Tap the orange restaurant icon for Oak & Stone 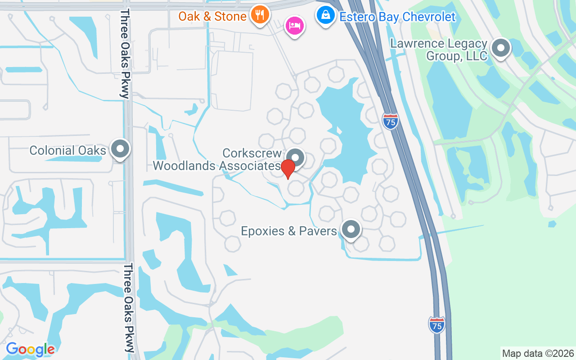pyautogui.click(x=260, y=14)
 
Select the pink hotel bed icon pyautogui.click(x=295, y=25)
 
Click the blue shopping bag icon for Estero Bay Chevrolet pyautogui.click(x=325, y=15)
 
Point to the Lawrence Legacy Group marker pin pyautogui.click(x=500, y=48)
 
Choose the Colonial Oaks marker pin pyautogui.click(x=120, y=149)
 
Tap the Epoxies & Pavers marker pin pyautogui.click(x=351, y=229)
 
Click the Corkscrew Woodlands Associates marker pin pyautogui.click(x=296, y=157)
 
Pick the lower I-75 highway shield pyautogui.click(x=436, y=325)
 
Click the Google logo pyautogui.click(x=30, y=349)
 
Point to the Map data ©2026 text pyautogui.click(x=538, y=353)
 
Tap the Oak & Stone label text pyautogui.click(x=212, y=17)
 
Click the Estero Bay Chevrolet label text pyautogui.click(x=398, y=17)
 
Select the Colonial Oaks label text pyautogui.click(x=67, y=150)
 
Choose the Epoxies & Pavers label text pyautogui.click(x=289, y=231)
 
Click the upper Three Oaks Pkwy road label pyautogui.click(x=125, y=53)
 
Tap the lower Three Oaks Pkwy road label pyautogui.click(x=129, y=308)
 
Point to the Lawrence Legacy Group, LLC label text pyautogui.click(x=439, y=50)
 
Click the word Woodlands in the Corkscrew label pyautogui.click(x=185, y=166)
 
